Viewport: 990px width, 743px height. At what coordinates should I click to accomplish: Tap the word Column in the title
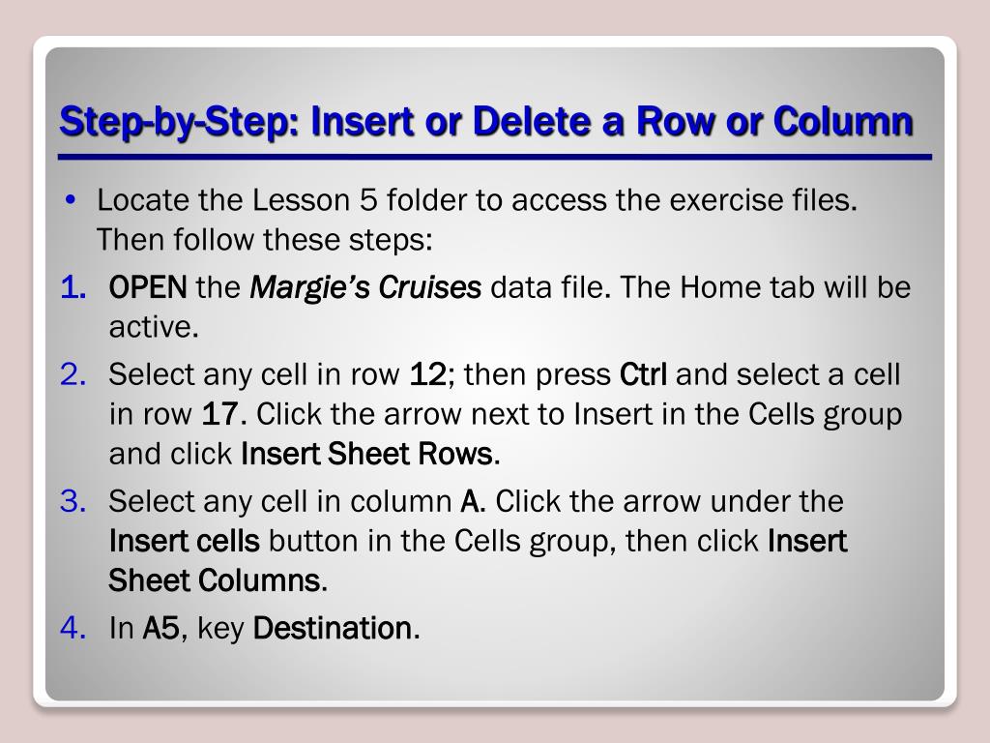click(843, 121)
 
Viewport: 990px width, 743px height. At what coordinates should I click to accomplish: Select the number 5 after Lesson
click(368, 200)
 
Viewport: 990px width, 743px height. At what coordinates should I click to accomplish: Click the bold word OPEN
click(148, 287)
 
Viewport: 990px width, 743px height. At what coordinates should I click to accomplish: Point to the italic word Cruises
click(430, 287)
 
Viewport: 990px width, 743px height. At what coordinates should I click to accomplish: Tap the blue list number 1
click(73, 287)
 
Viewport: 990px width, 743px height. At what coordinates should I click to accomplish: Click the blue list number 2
click(73, 374)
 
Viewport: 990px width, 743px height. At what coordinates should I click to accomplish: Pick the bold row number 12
click(428, 374)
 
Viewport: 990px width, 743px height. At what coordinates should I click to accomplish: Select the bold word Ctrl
click(643, 374)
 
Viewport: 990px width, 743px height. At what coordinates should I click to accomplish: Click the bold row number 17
click(219, 414)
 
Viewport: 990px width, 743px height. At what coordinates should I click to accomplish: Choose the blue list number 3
click(73, 501)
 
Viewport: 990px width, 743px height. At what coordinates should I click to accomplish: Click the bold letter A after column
click(470, 501)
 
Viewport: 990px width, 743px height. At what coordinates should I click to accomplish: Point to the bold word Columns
click(259, 580)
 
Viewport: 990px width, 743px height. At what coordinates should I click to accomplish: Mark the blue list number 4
click(73, 628)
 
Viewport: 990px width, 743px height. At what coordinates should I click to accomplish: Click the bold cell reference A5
click(161, 628)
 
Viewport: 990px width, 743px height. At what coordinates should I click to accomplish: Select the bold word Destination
click(333, 628)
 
